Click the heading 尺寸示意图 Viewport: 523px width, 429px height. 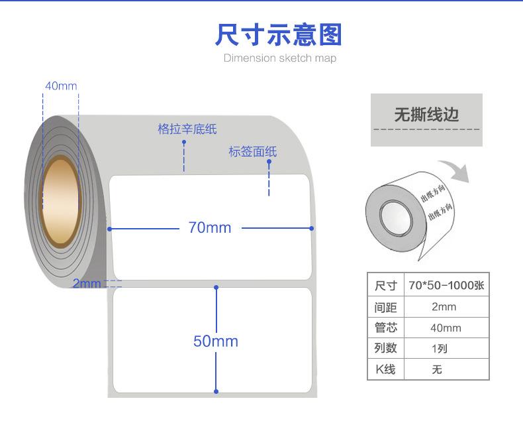278,34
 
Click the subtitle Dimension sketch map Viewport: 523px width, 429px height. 279,58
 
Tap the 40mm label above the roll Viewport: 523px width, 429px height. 61,86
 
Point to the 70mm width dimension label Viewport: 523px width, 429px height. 210,228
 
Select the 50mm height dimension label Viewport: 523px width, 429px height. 215,341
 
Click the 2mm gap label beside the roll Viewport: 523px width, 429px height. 86,284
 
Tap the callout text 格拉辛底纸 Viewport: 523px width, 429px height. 187,129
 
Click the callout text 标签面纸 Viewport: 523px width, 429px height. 252,152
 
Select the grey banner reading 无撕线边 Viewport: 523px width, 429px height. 426,116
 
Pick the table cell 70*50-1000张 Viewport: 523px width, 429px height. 446,286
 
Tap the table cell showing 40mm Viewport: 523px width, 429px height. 446,328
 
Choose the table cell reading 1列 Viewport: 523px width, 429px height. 440,349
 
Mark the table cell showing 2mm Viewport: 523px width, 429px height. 444,307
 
